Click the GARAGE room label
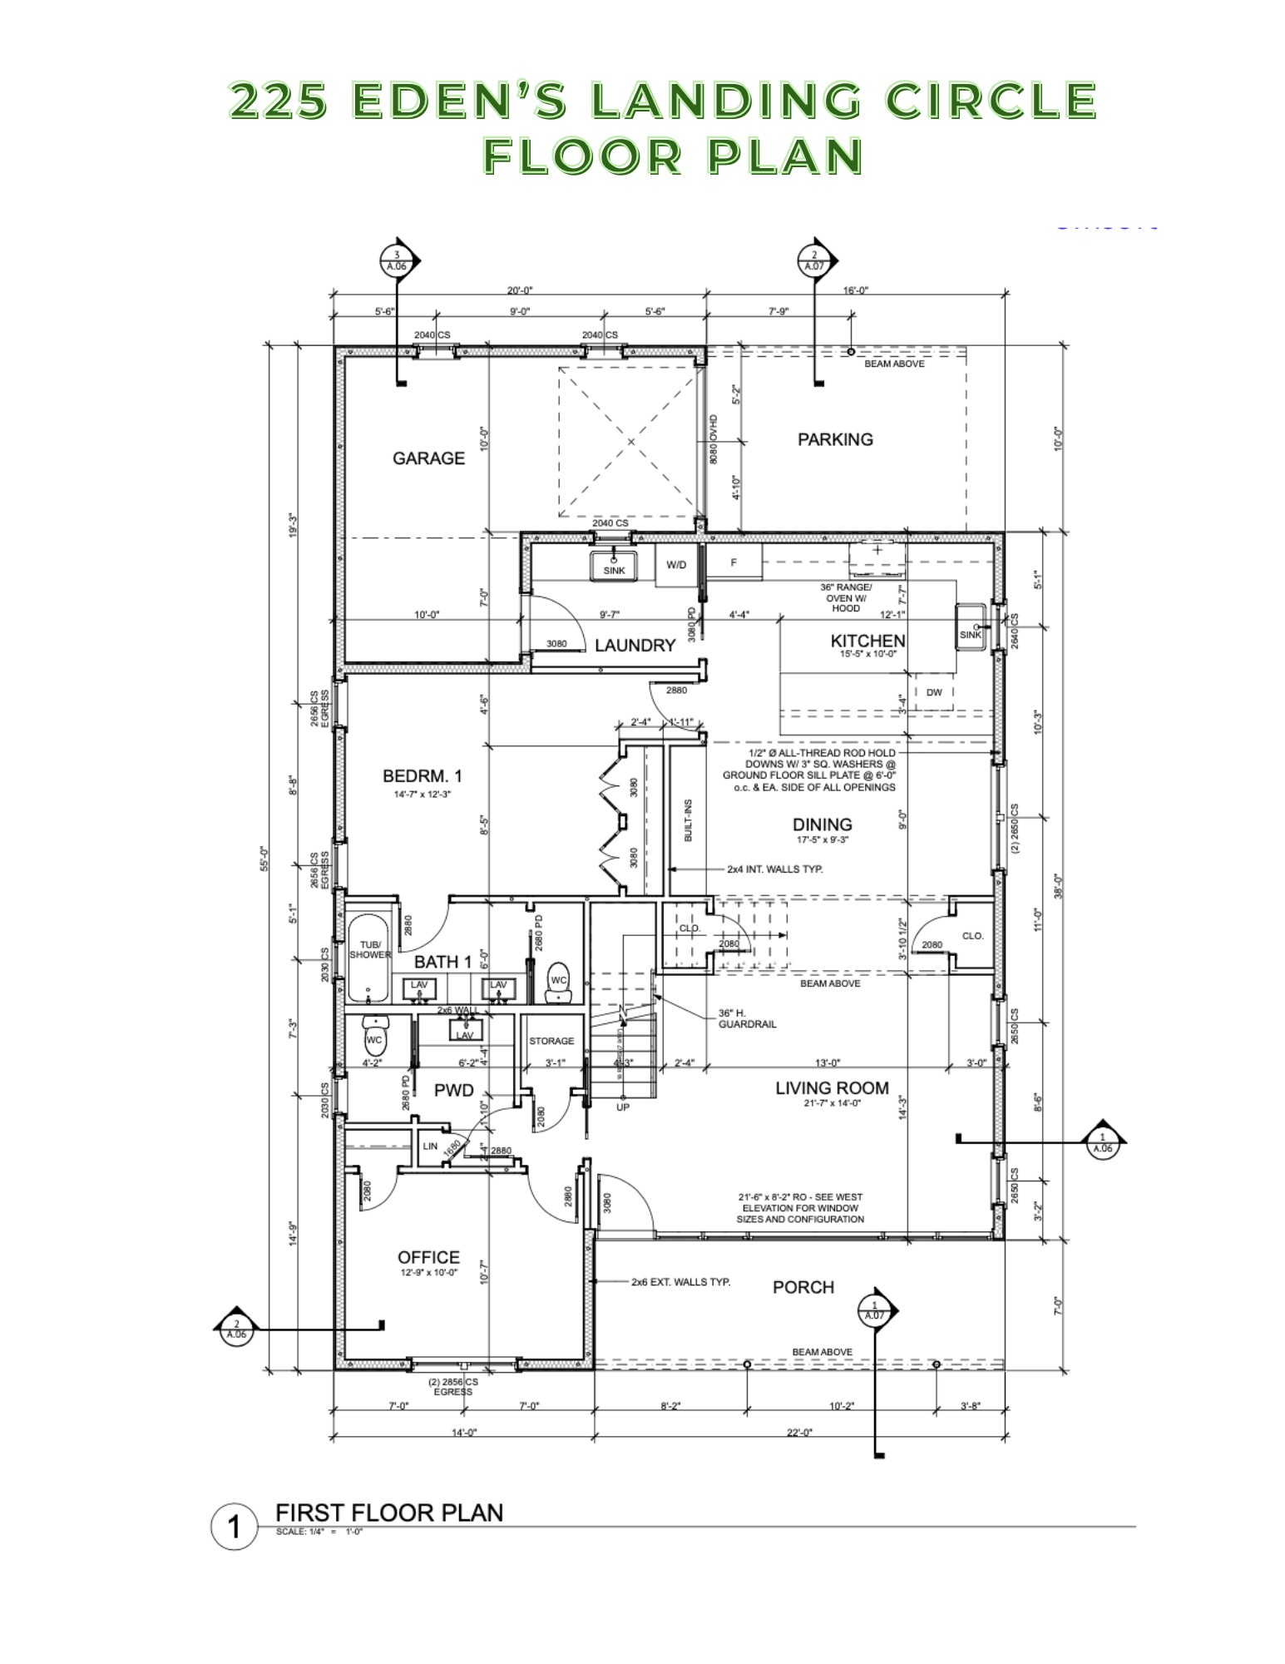428,458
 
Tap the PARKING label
835,439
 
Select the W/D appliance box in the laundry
676,565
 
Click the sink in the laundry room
614,566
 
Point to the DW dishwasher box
934,692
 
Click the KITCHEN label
867,641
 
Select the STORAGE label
551,1041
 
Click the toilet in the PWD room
374,1037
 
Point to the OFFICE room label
428,1257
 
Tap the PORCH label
803,1287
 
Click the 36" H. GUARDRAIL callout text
747,1018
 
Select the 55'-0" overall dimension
264,858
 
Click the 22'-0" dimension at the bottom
798,1432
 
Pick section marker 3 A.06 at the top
398,261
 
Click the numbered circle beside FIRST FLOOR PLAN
234,1527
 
